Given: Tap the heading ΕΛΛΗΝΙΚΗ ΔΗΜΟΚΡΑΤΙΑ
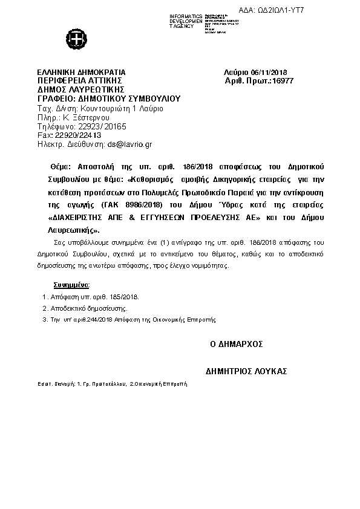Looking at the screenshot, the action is coord(81,71).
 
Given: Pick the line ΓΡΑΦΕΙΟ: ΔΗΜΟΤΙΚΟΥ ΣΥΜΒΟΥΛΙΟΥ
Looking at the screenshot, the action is coord(109,97).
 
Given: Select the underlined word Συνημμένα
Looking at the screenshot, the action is coord(71,284).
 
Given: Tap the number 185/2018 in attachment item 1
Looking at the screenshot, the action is coord(123,297).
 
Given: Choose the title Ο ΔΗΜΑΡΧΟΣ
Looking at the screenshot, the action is coord(236,343).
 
